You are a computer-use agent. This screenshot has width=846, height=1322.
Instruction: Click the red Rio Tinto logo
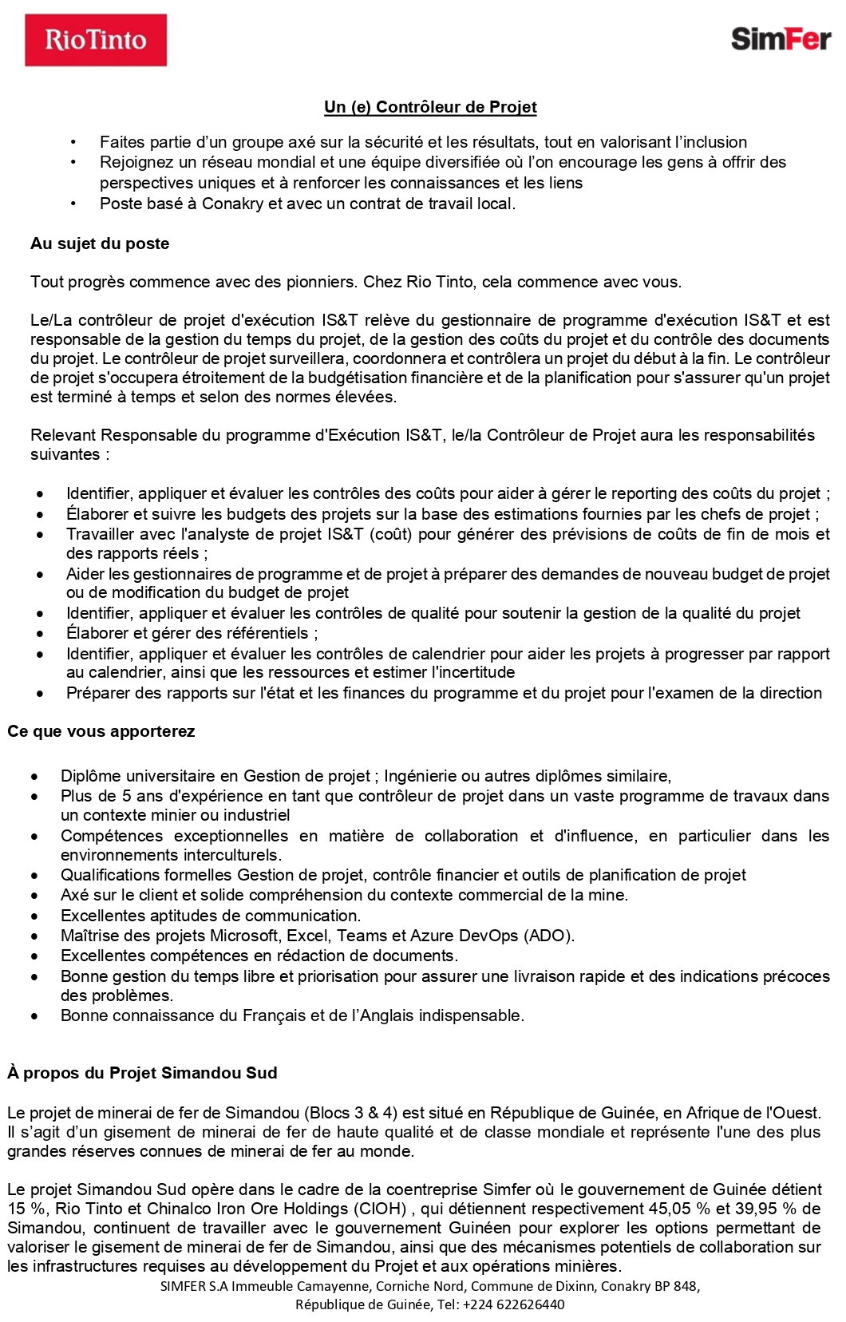pos(96,40)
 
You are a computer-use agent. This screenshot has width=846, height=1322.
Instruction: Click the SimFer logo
pos(780,38)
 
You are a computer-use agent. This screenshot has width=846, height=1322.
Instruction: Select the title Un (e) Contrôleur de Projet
pos(430,107)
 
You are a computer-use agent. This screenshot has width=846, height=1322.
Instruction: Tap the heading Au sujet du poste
pos(100,243)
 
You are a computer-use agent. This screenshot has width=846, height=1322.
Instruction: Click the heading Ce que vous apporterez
pos(101,731)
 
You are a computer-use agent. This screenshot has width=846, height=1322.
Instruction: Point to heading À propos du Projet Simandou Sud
pos(142,1073)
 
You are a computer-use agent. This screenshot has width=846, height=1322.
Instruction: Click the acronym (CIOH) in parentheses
pos(379,1209)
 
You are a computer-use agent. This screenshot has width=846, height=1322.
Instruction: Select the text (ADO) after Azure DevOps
pos(548,936)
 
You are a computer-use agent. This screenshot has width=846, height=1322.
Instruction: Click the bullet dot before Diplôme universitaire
pos(34,776)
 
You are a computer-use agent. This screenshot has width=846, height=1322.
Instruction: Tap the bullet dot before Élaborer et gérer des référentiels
pos(40,634)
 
